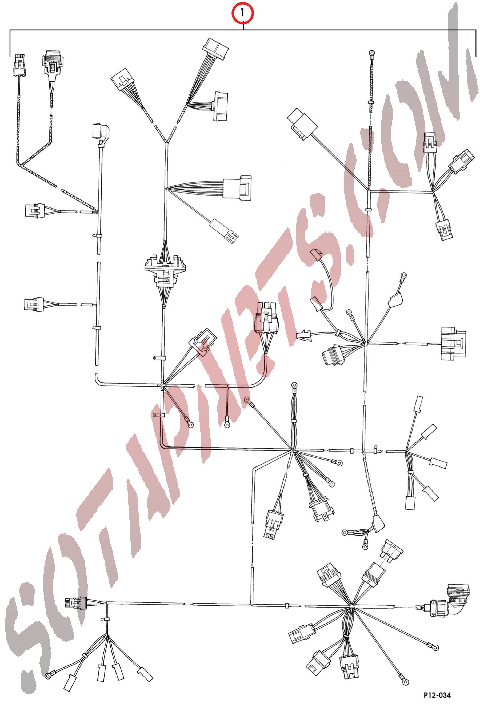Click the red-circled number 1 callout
242,13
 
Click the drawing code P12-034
437,695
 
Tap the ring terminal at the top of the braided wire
371,54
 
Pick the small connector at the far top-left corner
19,65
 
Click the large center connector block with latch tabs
165,271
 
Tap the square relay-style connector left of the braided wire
302,124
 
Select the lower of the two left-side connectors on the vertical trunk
34,304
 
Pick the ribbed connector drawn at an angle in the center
203,342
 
